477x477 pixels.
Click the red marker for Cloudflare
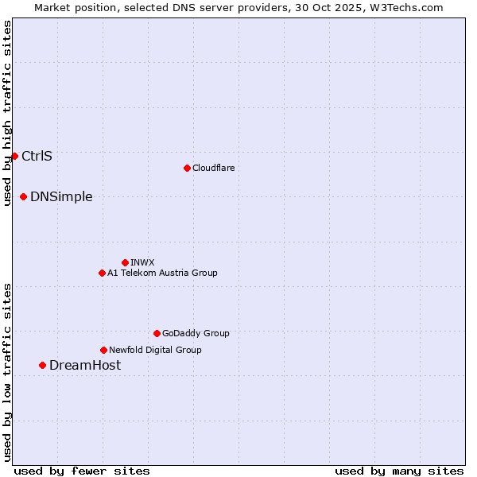coord(187,168)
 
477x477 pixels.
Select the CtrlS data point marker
coord(14,156)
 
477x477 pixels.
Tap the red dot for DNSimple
coord(24,196)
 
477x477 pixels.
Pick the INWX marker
coord(125,262)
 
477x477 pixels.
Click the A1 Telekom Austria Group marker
coord(102,273)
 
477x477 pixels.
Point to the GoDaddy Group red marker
coord(157,333)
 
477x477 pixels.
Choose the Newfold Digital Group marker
coord(103,350)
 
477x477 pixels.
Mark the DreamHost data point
coord(43,365)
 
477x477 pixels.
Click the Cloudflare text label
coord(213,168)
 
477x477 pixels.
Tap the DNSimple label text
coord(61,196)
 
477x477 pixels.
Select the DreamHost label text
coord(85,365)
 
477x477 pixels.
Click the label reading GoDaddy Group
coord(196,333)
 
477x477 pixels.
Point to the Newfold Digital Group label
coord(155,350)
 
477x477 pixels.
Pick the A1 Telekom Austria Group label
coord(162,273)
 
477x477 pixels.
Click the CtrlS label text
coord(37,156)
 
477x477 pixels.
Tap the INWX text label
coord(142,262)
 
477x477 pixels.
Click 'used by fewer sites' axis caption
coord(82,471)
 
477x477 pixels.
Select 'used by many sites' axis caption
coord(399,471)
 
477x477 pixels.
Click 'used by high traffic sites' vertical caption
coord(7,113)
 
